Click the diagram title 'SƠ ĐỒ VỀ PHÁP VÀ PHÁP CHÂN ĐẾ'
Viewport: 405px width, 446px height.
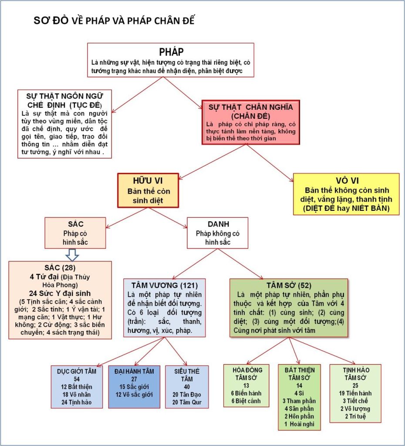[x=118, y=21]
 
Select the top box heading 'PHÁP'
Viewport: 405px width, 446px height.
[x=171, y=52]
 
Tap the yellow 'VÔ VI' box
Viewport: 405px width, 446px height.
[x=346, y=194]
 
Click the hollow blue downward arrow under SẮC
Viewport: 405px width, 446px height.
[x=71, y=254]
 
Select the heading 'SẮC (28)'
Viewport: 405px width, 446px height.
[x=60, y=267]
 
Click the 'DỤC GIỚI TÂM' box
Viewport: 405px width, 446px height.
[x=77, y=386]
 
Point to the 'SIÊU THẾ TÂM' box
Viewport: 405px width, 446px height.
[x=187, y=386]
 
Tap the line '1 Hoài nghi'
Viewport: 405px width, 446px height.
[x=299, y=424]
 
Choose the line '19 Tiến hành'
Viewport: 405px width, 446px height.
[x=356, y=393]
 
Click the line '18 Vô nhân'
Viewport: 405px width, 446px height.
[x=77, y=395]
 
